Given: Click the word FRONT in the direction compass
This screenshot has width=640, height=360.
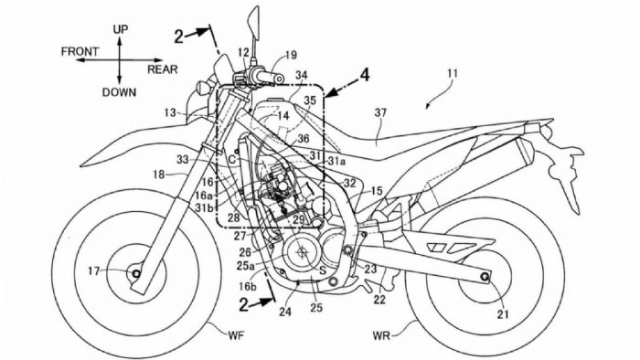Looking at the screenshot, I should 80,52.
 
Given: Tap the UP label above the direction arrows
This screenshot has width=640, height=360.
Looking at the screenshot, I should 121,30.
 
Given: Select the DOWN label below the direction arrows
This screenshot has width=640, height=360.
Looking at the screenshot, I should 121,91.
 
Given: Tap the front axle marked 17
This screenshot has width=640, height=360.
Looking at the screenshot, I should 135,271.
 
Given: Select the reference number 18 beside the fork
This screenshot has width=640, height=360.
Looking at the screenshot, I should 157,174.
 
